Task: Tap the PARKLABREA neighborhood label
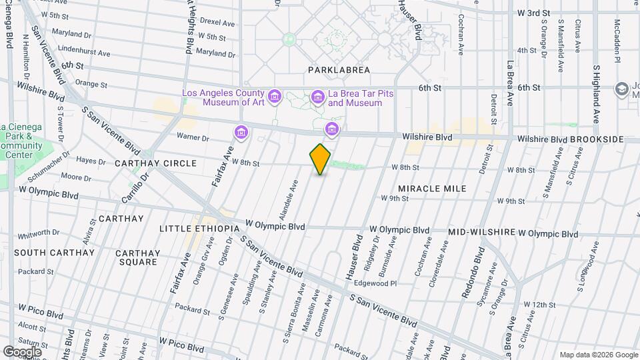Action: [x=335, y=69]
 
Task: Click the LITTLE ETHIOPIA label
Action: [x=199, y=229]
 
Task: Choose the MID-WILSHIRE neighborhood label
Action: [x=481, y=233]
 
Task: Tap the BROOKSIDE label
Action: [x=597, y=139]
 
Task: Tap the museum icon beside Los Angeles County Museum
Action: [x=276, y=97]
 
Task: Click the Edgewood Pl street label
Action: [x=393, y=283]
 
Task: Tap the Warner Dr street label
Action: [x=193, y=138]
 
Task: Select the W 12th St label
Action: [x=539, y=305]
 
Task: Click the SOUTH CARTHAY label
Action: [x=45, y=253]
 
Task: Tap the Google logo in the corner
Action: [x=22, y=351]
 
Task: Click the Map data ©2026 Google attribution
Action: [x=597, y=355]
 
